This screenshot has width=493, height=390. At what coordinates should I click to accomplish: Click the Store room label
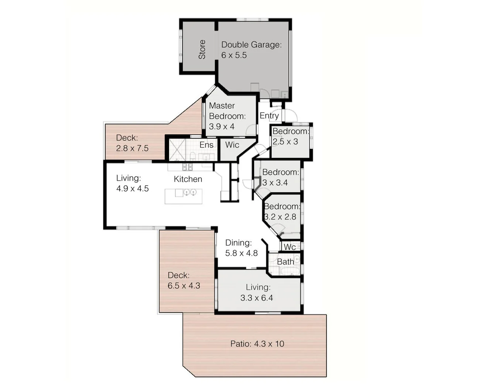pyautogui.click(x=202, y=49)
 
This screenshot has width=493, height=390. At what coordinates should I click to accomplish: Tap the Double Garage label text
pyautogui.click(x=251, y=50)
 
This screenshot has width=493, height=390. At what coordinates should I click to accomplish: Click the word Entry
pyautogui.click(x=269, y=115)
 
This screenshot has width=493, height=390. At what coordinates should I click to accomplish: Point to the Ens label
pyautogui.click(x=206, y=145)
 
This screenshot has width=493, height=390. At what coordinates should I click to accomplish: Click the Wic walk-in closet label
pyautogui.click(x=232, y=145)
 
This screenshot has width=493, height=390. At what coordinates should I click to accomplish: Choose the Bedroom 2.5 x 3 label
pyautogui.click(x=290, y=136)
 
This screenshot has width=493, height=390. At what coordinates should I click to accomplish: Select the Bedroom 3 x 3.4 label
pyautogui.click(x=280, y=177)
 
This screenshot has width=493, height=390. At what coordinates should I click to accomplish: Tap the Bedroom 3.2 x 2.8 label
pyautogui.click(x=282, y=211)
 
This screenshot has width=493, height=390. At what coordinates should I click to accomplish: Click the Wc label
pyautogui.click(x=290, y=247)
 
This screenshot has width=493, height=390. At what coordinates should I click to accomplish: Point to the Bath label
pyautogui.click(x=285, y=262)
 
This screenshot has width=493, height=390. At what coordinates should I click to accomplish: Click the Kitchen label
pyautogui.click(x=188, y=179)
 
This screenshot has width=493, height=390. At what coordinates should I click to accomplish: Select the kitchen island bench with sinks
pyautogui.click(x=184, y=196)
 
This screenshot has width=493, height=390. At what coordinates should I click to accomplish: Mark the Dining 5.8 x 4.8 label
pyautogui.click(x=241, y=248)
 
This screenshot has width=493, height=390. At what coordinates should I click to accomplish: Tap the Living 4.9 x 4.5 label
pyautogui.click(x=132, y=183)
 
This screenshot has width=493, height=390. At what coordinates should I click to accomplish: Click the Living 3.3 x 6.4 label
pyautogui.click(x=257, y=292)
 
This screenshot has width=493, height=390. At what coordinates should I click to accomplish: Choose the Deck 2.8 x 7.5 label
pyautogui.click(x=132, y=143)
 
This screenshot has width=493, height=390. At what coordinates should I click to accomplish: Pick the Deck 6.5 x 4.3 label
pyautogui.click(x=184, y=280)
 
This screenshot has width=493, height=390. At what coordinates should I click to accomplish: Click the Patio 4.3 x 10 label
pyautogui.click(x=257, y=344)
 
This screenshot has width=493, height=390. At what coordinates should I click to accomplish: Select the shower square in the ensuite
pyautogui.click(x=177, y=149)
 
